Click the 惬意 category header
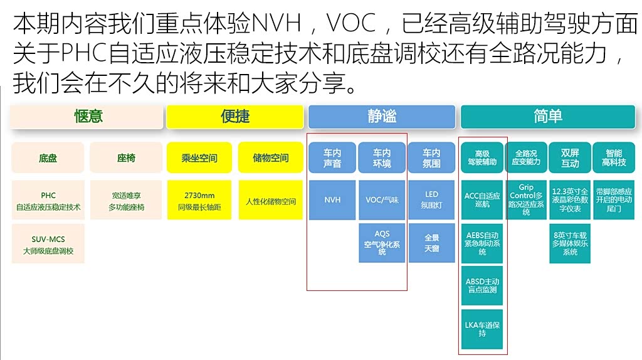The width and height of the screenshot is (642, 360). coord(88,117)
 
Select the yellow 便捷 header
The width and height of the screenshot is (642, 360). coord(235,117)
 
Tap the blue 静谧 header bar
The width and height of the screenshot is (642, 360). coord(381,117)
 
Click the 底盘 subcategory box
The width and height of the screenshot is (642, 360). coord(48,158)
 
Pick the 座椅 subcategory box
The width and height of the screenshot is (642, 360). coord(126,158)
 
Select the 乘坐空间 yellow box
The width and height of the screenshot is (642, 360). coord(199,158)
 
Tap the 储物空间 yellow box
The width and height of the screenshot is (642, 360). coord(271,158)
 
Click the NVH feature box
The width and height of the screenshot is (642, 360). coord(332,200)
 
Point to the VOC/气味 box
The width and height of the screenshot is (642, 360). coord(382,200)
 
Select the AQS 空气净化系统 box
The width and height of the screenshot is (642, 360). coord(382,243)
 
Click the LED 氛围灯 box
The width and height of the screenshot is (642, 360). coord(431,200)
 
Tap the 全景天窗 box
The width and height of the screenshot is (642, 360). coord(431,243)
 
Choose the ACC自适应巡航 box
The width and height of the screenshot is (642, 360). coord(482,200)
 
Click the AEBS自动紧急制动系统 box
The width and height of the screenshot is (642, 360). coord(482,243)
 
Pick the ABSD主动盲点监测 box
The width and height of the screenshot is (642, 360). coord(482,286)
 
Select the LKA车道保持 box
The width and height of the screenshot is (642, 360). coord(482,329)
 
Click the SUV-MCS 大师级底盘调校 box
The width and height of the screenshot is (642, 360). coord(48,245)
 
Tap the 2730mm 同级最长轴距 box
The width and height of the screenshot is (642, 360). coord(199,200)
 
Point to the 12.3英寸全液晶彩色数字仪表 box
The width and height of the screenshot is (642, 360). coord(570,200)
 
